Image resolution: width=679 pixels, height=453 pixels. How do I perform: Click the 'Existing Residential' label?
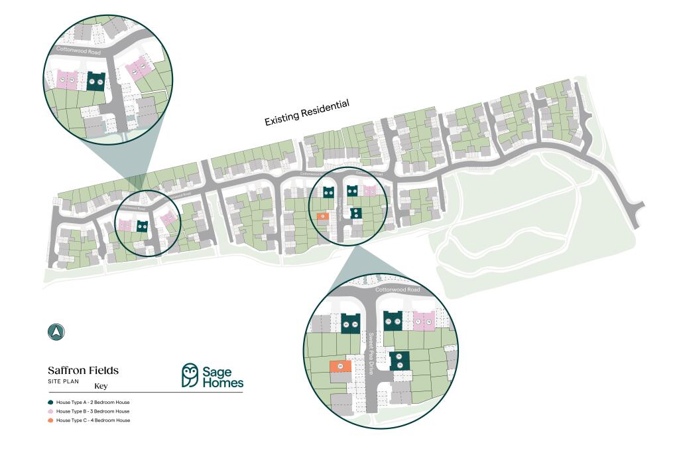[x=306, y=112]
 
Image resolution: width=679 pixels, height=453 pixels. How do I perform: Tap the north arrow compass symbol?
[x=56, y=332]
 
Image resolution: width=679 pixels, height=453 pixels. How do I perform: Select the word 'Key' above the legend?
[x=101, y=386]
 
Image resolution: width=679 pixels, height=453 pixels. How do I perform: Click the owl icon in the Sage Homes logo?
[x=190, y=375]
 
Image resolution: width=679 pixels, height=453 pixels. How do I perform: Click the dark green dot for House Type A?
[x=50, y=403]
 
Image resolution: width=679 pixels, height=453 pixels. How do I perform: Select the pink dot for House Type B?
[x=50, y=411]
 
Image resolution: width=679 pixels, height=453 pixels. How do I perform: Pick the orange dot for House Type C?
[x=50, y=420]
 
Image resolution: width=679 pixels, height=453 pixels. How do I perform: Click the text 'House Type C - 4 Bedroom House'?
[x=93, y=420]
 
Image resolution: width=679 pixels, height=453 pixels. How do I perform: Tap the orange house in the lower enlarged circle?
[x=341, y=366]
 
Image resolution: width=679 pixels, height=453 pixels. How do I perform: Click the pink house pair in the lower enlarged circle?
[x=424, y=321]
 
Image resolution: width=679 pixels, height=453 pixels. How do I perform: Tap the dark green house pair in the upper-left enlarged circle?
[x=96, y=81]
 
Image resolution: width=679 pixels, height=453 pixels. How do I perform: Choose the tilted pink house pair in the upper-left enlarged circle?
[x=138, y=70]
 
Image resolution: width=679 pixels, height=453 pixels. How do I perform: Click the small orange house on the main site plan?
[x=323, y=216]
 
